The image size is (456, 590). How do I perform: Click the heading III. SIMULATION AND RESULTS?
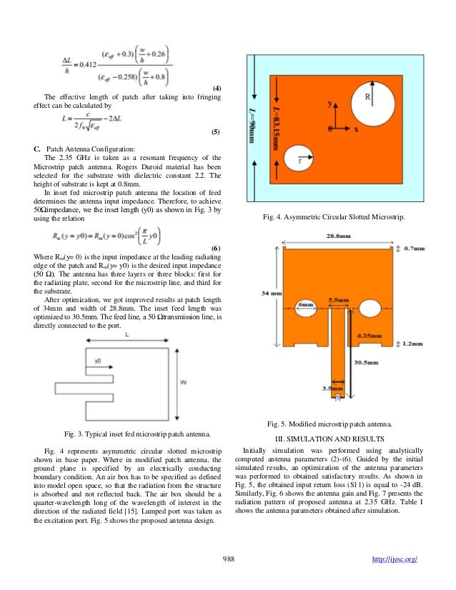pyautogui.click(x=334, y=437)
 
